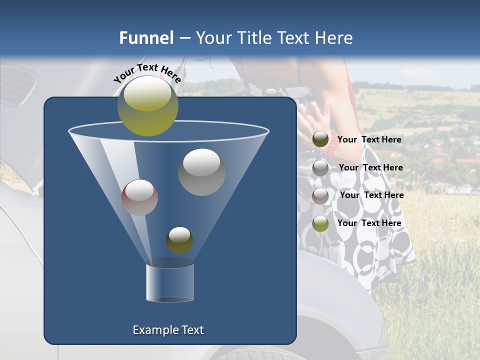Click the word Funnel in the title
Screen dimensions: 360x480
coord(146,38)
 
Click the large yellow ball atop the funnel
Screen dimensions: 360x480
coord(147,105)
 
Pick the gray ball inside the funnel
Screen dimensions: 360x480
coord(201,171)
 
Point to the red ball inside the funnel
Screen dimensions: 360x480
coord(139,197)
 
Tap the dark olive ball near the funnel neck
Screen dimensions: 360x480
coord(179,240)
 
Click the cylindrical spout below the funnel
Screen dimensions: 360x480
coord(170,282)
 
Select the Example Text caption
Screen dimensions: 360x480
coord(168,330)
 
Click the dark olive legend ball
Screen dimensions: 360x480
coord(320,139)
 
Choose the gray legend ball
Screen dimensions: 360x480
coord(320,168)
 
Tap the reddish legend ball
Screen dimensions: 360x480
coord(320,195)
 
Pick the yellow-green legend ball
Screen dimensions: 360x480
coord(320,223)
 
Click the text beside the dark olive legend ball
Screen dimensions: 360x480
coord(369,139)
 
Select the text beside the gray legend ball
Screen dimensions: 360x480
coord(370,167)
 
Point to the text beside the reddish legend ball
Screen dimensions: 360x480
coord(371,195)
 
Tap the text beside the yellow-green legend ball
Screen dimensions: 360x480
coord(369,223)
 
